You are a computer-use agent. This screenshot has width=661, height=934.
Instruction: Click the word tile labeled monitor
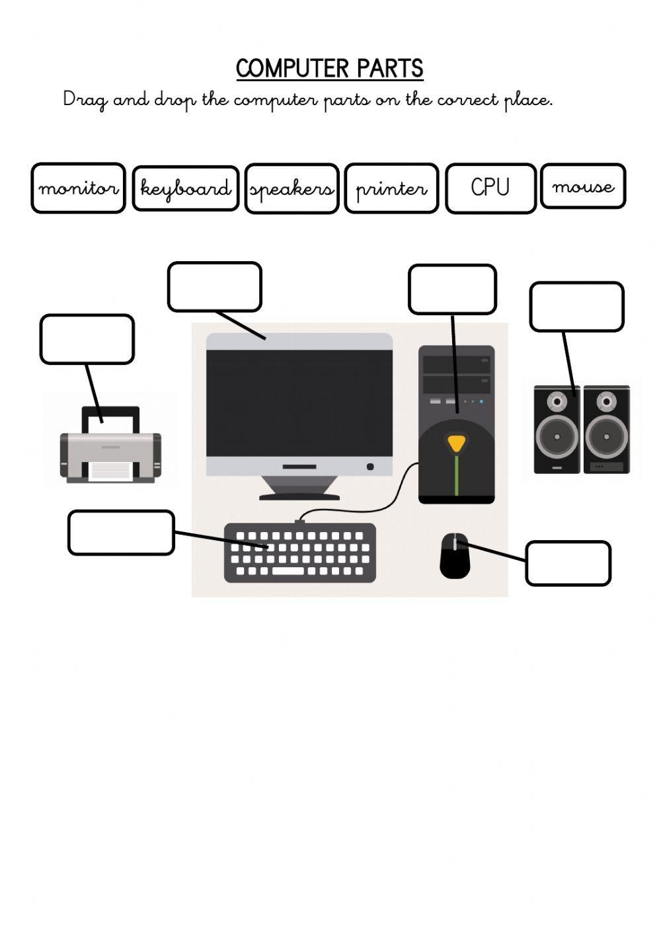coord(78,188)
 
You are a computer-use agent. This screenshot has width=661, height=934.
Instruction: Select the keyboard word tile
coord(186,188)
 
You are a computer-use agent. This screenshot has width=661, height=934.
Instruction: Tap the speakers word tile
coord(292,189)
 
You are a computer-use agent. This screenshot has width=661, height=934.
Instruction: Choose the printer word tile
coord(391,188)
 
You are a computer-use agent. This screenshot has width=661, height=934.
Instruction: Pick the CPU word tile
coord(490,188)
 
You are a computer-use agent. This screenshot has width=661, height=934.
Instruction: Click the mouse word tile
coord(583,186)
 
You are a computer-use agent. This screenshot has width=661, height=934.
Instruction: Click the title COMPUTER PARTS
coord(329,69)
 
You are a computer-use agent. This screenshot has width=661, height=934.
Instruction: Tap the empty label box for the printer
coord(87,339)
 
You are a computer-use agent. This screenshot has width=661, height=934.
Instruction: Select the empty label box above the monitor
coord(215,287)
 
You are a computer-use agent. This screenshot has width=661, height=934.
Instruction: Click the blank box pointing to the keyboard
coord(121,532)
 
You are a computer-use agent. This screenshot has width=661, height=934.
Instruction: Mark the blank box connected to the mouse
coord(568,563)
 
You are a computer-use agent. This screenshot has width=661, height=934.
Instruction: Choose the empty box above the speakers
coord(576,307)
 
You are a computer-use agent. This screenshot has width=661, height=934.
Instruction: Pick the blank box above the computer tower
coord(452,290)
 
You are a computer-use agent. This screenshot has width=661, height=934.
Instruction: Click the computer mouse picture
coord(455,556)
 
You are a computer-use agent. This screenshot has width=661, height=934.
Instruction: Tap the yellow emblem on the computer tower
coord(455,443)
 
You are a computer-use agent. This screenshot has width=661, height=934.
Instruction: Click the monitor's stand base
coord(299,494)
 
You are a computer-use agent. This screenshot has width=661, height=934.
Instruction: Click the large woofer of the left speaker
coord(557,437)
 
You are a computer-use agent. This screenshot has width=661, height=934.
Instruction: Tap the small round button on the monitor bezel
coord(370,467)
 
